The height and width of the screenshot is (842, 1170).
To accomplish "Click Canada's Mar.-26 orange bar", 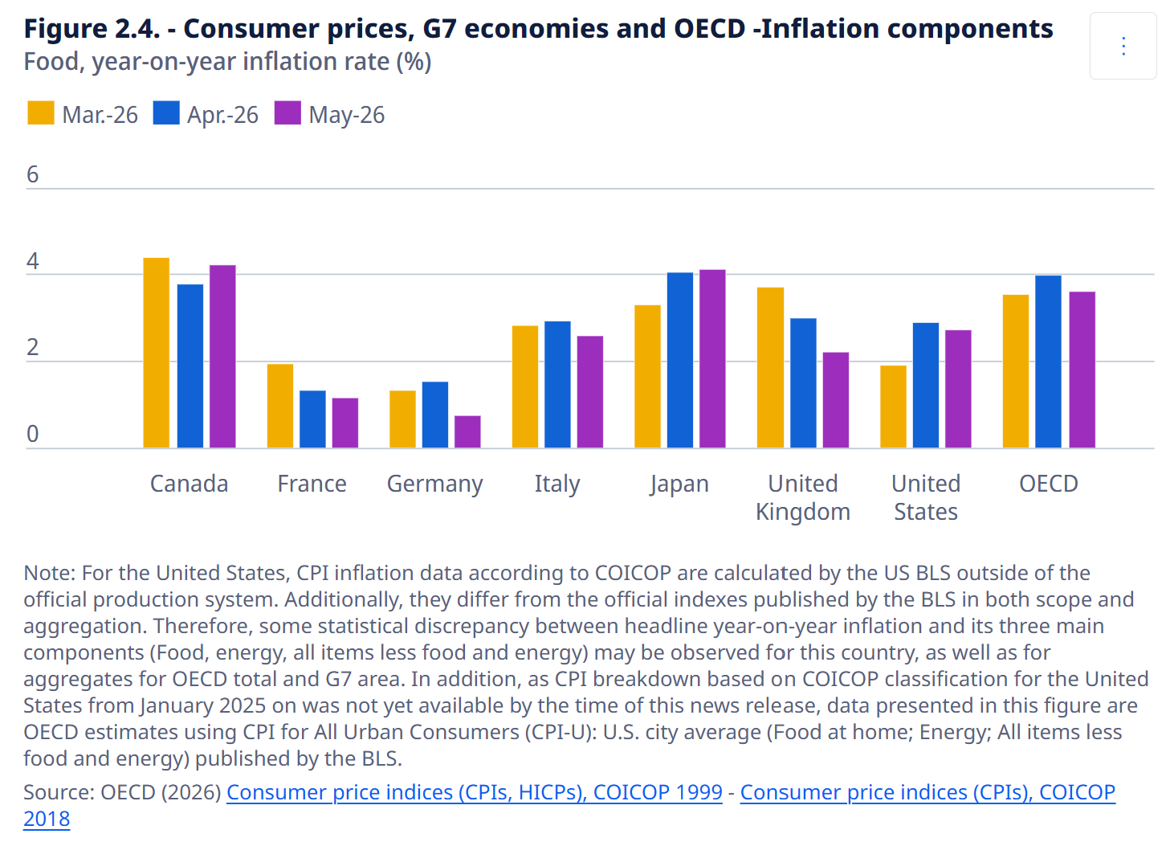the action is (156, 353).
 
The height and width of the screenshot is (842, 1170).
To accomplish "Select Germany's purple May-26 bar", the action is (467, 431).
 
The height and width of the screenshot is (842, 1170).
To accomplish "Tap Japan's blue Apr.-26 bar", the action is (680, 360).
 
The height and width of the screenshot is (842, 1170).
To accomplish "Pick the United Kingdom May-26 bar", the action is (836, 400).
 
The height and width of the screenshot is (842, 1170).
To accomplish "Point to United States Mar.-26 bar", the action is (893, 407).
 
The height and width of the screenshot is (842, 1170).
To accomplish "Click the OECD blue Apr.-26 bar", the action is (1048, 362).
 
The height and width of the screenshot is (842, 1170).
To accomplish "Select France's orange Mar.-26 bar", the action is (280, 406).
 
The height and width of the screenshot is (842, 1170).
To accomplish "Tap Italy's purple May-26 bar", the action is (590, 392).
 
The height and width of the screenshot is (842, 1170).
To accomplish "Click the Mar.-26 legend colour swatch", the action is (41, 113).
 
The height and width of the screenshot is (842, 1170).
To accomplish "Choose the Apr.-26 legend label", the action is (222, 115).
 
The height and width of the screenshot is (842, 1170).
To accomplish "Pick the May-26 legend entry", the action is (329, 113).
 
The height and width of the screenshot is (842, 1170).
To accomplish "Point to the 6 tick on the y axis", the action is (32, 174).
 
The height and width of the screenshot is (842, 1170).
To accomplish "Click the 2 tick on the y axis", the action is (32, 347).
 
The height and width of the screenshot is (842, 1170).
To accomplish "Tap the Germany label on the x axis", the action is (434, 484).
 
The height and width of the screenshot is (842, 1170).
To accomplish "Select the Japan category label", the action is (679, 484).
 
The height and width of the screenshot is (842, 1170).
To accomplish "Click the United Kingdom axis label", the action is (803, 497).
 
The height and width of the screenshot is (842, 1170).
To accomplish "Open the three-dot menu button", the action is (1123, 46).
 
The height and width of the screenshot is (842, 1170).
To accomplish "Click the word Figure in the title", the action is (65, 29).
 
